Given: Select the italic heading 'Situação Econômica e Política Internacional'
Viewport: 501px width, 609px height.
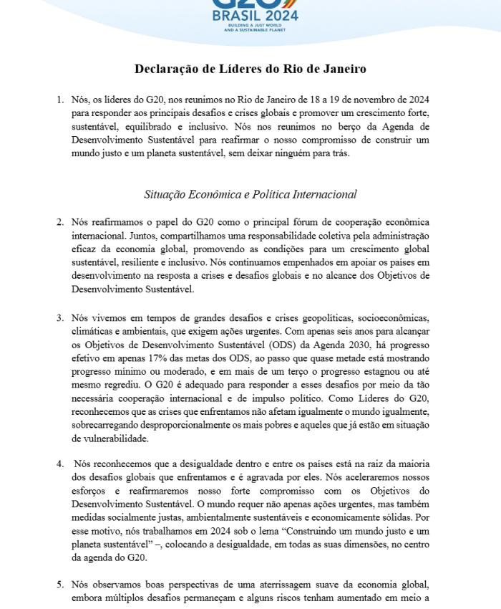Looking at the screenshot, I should tap(250, 194).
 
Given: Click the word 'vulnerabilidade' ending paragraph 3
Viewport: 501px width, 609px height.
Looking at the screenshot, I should tap(110, 438).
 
